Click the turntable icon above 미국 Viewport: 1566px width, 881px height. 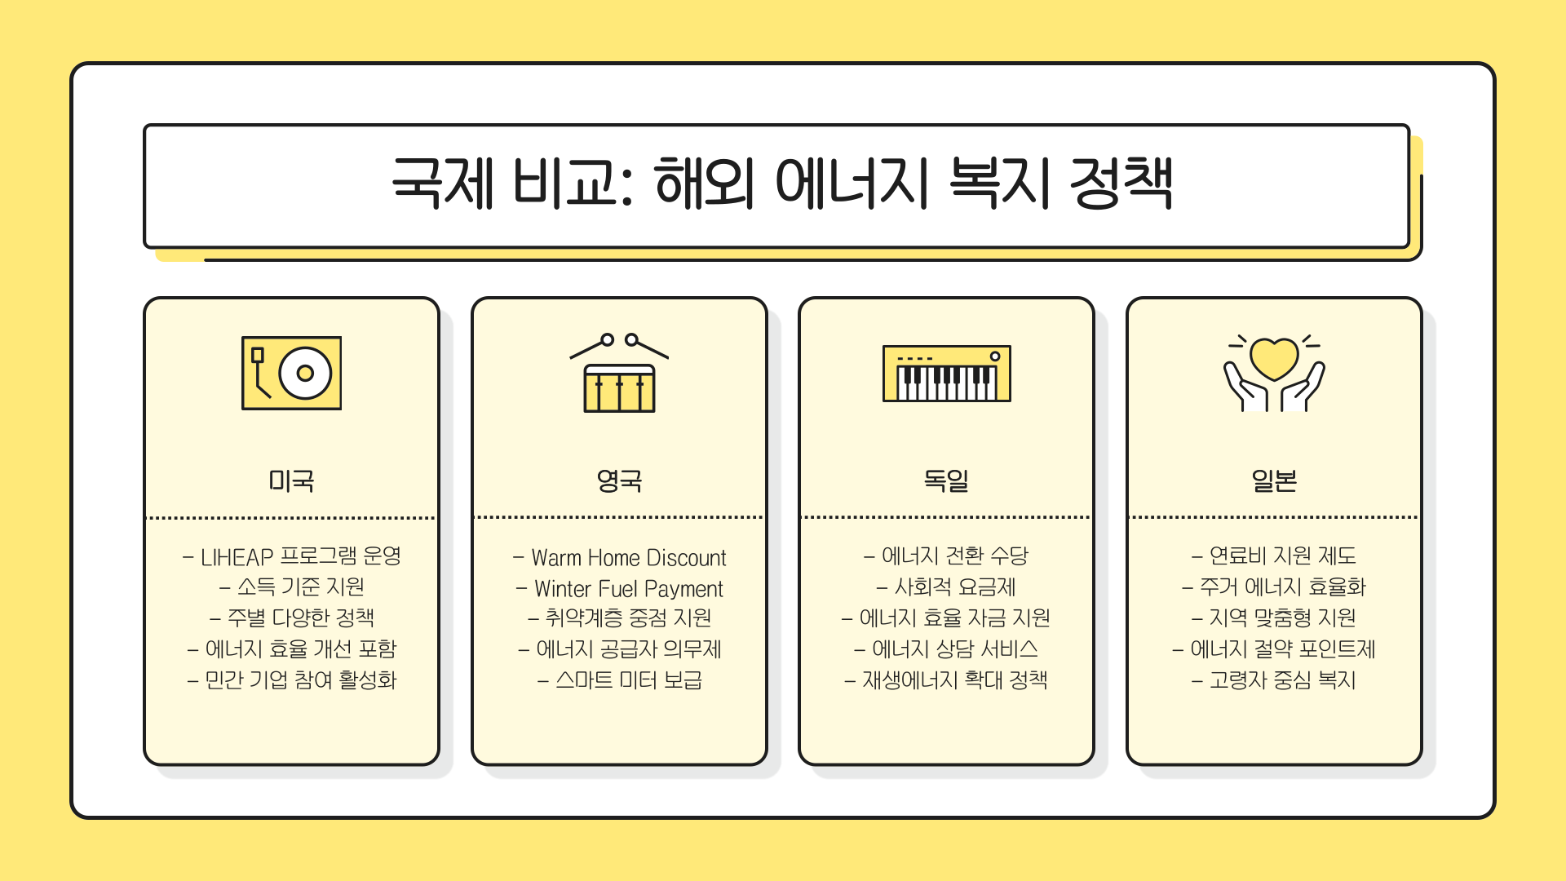(x=291, y=373)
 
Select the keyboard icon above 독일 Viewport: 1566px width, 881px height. (x=946, y=374)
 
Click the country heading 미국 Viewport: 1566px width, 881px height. (x=291, y=480)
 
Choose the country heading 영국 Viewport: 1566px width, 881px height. (x=619, y=480)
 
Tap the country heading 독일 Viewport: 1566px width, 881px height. (x=946, y=480)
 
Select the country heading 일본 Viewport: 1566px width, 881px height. (x=1274, y=480)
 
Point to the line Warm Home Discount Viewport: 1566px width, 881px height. (x=628, y=558)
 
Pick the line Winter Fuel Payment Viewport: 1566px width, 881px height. (x=628, y=588)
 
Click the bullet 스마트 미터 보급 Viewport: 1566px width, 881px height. (x=628, y=680)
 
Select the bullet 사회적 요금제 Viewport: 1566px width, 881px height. (x=955, y=587)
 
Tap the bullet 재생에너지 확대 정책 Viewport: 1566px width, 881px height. (x=955, y=680)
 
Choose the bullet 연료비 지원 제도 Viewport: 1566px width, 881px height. (x=1282, y=556)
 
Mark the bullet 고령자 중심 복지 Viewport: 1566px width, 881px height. (x=1282, y=680)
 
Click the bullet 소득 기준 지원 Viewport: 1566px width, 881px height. (x=300, y=587)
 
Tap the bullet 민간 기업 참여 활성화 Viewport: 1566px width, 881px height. (x=300, y=680)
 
